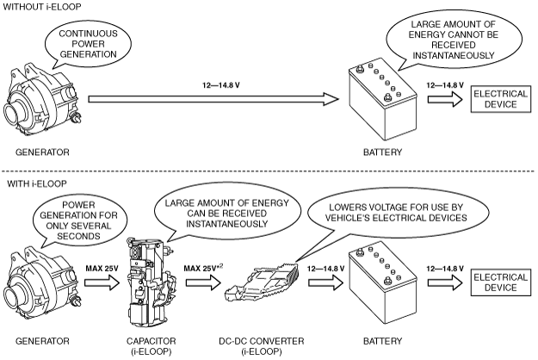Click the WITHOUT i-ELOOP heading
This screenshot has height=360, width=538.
tap(42, 7)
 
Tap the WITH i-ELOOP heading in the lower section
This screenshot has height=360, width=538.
tap(37, 184)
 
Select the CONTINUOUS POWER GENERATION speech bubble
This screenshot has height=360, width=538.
tap(88, 44)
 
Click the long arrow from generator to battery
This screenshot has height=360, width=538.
tap(213, 99)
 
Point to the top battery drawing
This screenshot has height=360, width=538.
tap(382, 101)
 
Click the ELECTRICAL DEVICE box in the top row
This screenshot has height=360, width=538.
tap(501, 99)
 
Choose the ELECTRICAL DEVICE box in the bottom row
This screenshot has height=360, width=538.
tap(501, 282)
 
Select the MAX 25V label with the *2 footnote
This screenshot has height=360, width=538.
tap(203, 268)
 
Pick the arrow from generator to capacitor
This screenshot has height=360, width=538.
tap(102, 282)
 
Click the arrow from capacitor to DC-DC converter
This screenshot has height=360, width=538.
tap(203, 282)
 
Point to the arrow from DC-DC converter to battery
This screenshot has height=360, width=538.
tap(325, 282)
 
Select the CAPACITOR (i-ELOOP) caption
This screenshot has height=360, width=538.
tap(151, 346)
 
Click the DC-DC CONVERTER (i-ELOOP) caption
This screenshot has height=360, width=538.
tap(262, 346)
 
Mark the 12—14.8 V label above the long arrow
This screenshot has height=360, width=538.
tap(221, 85)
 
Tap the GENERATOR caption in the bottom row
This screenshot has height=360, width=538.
tap(42, 341)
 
